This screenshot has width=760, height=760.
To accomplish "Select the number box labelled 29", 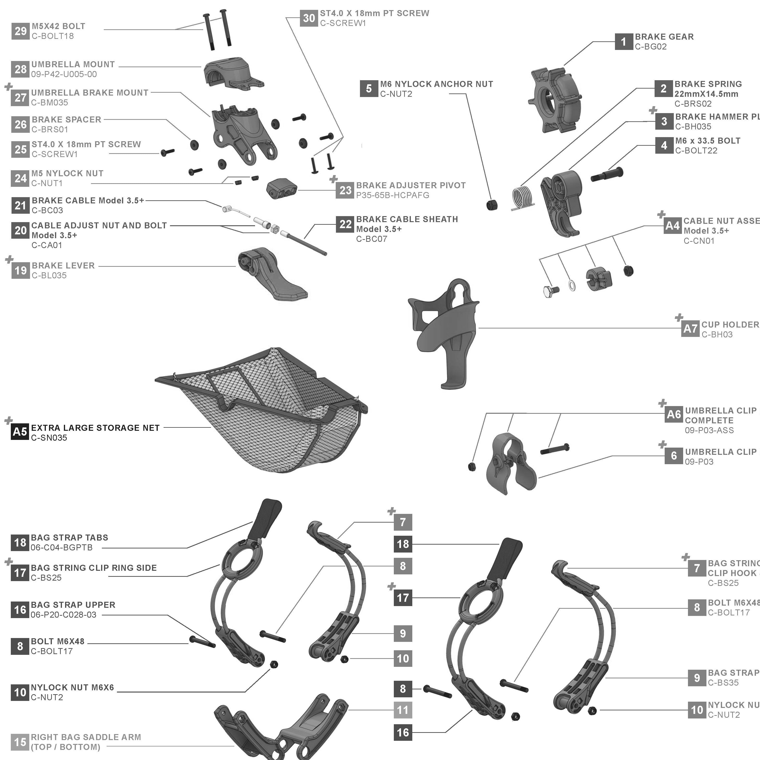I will click(x=20, y=31).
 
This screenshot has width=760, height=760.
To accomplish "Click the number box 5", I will click(x=369, y=89).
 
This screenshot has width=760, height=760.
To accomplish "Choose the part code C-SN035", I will click(x=49, y=438).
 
